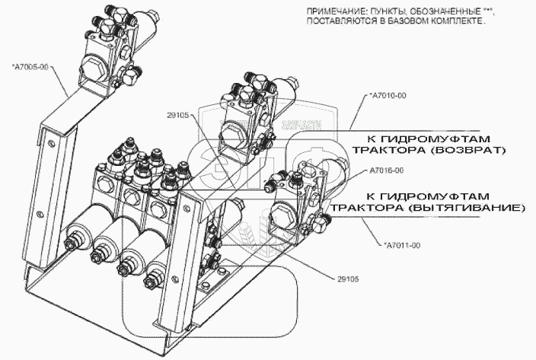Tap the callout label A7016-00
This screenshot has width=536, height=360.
(388, 170)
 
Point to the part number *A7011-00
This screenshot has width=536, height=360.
(400, 244)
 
